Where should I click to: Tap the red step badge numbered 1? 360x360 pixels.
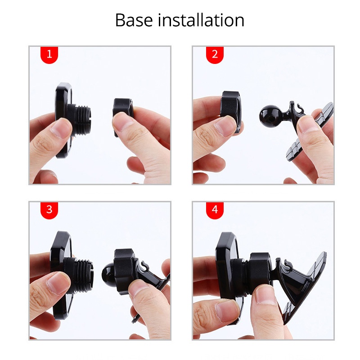[49, 54]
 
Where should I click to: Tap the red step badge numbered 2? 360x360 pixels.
[215, 54]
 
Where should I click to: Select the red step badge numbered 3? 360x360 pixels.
[49, 210]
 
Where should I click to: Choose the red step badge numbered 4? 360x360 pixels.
[215, 210]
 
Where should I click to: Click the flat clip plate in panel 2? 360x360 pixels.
[315, 130]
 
